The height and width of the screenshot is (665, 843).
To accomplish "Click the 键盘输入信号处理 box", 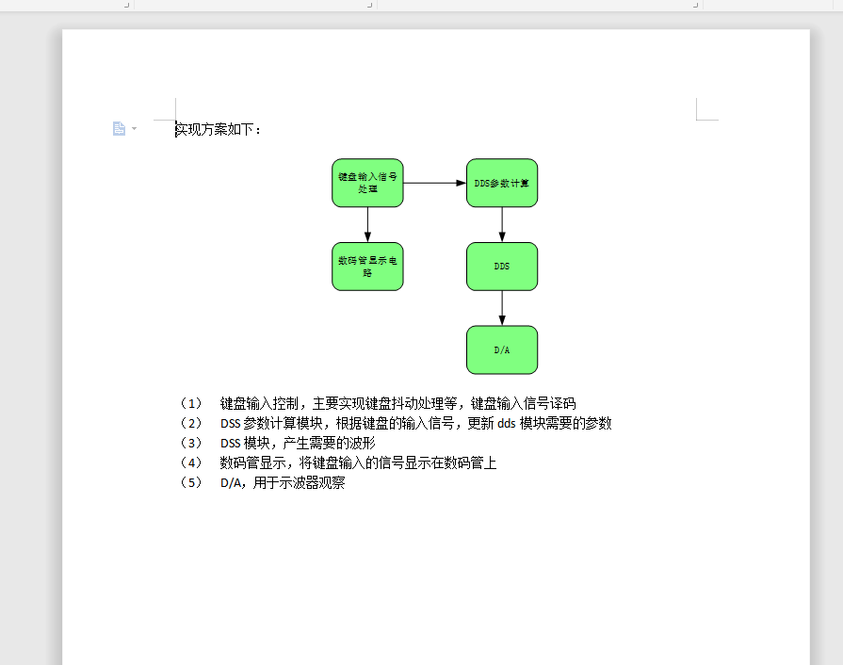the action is [x=367, y=183].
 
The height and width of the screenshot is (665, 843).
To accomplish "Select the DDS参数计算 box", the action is [x=502, y=183].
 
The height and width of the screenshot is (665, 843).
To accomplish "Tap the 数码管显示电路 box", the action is [x=367, y=267].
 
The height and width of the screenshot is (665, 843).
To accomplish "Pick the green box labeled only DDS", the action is [x=502, y=267].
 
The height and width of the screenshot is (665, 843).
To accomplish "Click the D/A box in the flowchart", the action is [x=502, y=350].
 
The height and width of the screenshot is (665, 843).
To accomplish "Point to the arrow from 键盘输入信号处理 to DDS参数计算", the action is [x=434, y=183].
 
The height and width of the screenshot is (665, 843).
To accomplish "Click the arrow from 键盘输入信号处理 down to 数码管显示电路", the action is [x=367, y=225].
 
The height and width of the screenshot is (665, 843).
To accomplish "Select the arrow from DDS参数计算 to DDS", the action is [x=502, y=225].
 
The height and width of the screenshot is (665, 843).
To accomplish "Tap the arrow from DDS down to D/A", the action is [x=502, y=308].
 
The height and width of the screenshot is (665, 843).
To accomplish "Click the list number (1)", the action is [x=191, y=403].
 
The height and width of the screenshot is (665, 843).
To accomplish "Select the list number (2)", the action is [x=191, y=423].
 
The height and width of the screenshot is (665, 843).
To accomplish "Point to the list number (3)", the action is [x=191, y=443].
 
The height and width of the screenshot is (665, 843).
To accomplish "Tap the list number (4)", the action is [x=191, y=462].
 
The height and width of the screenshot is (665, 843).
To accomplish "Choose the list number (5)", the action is [x=191, y=483].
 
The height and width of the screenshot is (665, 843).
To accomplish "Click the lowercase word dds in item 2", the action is [x=507, y=423].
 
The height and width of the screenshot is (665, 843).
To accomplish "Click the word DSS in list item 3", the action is [x=230, y=444].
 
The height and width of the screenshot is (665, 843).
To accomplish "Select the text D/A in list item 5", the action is [x=231, y=483].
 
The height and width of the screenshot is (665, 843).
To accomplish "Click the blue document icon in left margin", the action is [x=119, y=128].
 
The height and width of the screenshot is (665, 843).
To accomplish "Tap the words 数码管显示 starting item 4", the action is [x=252, y=462].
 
